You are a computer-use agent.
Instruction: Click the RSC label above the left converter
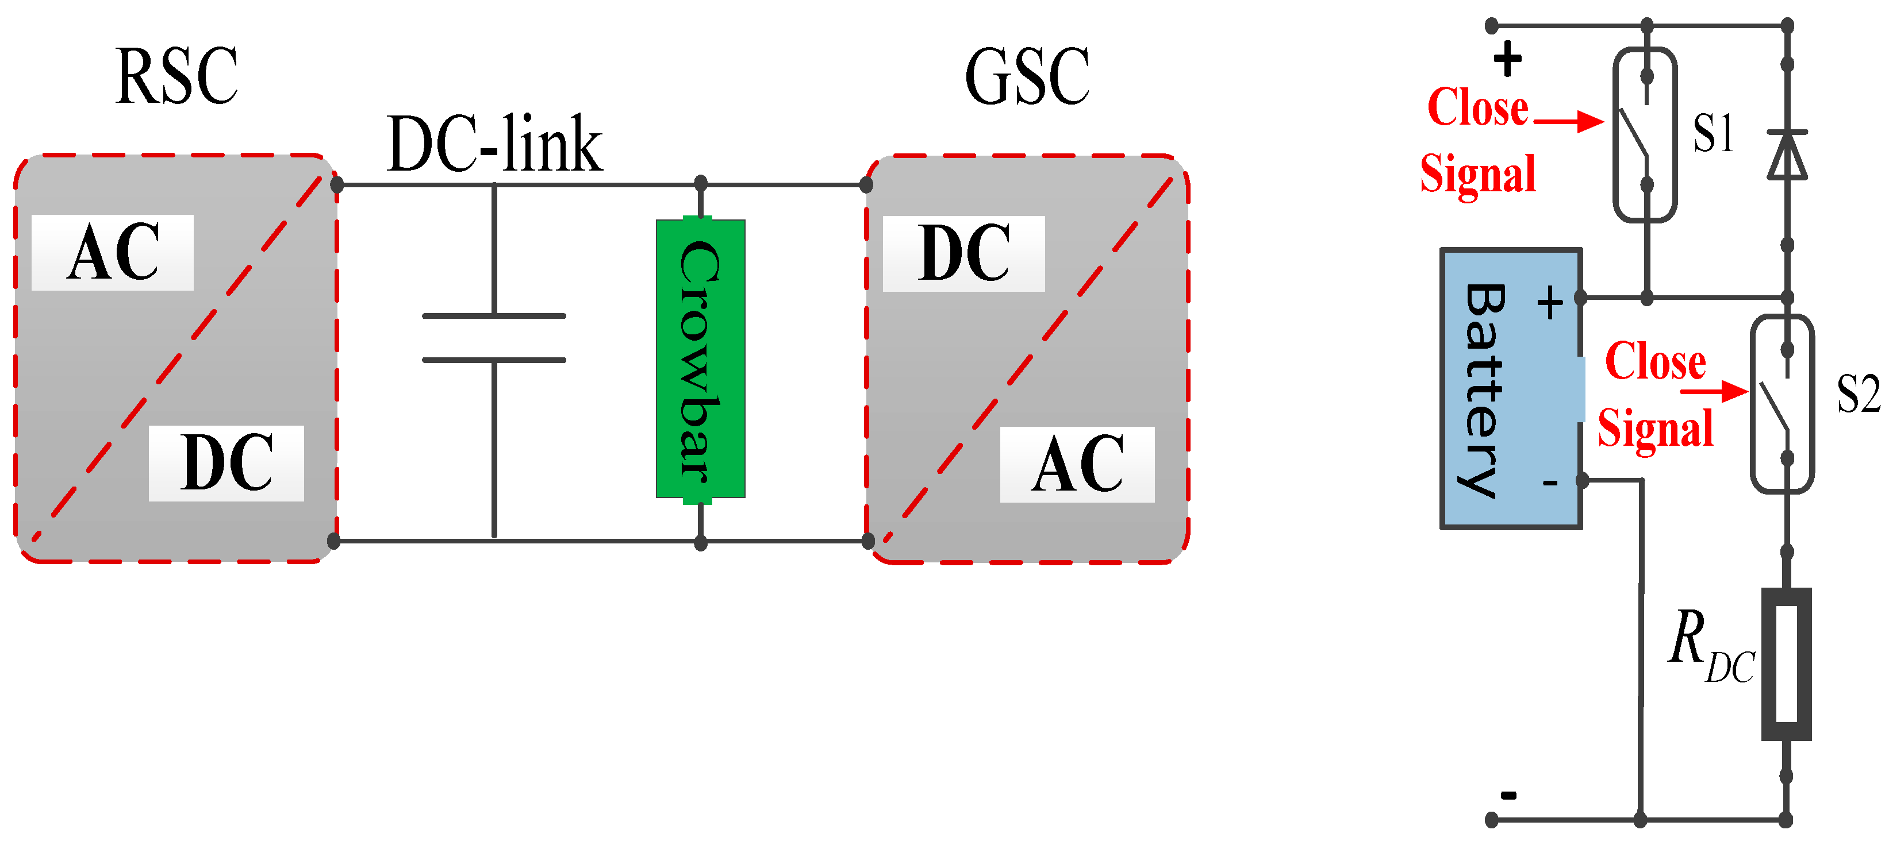pos(176,77)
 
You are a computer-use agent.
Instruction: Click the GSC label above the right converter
pos(1027,77)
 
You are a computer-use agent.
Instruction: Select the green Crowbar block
pos(700,359)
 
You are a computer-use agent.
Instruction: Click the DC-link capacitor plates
pos(494,338)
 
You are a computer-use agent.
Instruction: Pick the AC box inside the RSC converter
pos(113,253)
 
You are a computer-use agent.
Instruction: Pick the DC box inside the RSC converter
pos(226,463)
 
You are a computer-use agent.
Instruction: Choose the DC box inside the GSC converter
pos(963,253)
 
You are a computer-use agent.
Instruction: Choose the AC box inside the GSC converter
pos(1077,465)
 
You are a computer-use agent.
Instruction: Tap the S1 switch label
pos(1713,133)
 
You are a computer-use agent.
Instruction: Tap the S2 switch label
pos(1858,394)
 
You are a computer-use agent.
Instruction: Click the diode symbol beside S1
pos(1787,155)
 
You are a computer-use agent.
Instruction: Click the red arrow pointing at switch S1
pos(1569,121)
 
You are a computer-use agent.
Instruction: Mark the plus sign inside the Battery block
pos(1549,303)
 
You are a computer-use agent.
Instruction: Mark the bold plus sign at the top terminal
pos(1508,59)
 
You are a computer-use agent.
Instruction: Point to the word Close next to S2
pos(1656,361)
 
